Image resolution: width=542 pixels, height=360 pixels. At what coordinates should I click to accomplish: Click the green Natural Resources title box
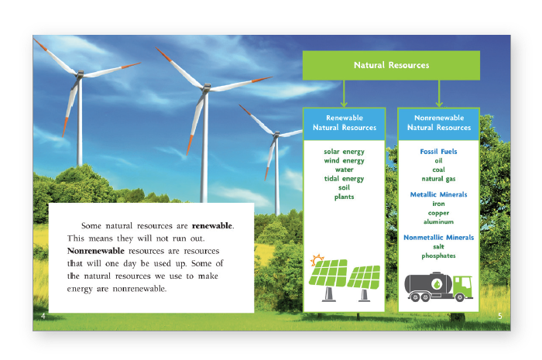[x=391, y=65]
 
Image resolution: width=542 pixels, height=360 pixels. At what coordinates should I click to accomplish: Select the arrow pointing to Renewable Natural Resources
[x=344, y=94]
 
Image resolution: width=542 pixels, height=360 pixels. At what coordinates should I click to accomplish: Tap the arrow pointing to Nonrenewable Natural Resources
[x=439, y=94]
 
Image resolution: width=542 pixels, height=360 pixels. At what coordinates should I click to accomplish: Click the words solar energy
[x=344, y=152]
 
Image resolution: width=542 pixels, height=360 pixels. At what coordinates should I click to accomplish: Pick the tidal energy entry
[x=344, y=179]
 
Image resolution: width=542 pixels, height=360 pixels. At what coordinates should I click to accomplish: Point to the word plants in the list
[x=344, y=197]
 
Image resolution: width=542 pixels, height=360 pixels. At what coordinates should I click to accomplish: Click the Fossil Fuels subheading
[x=438, y=151]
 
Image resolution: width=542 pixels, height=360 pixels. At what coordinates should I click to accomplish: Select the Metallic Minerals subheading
[x=438, y=194]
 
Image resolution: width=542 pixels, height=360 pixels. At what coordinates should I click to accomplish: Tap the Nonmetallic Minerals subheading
[x=438, y=238]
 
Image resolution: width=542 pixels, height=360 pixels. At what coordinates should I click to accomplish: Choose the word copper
[x=438, y=213]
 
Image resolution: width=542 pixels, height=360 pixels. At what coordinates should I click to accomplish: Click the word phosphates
[x=438, y=256]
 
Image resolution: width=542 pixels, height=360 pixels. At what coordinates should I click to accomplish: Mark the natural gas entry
[x=438, y=179]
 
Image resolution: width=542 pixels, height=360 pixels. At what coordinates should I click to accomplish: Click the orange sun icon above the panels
[x=317, y=259]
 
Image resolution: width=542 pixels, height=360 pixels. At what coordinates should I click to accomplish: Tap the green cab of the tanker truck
[x=462, y=286]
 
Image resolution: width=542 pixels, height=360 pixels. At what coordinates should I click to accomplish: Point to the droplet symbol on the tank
[x=437, y=284]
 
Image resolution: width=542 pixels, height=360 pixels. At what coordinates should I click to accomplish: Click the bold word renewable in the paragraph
[x=212, y=225]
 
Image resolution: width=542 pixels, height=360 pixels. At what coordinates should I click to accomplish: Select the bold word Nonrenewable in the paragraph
[x=96, y=251]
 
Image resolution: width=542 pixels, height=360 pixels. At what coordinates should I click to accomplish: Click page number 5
[x=500, y=316]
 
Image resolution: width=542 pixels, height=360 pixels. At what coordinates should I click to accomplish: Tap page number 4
[x=43, y=316]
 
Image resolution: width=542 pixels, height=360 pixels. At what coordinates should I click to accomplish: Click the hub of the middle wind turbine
[x=207, y=87]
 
